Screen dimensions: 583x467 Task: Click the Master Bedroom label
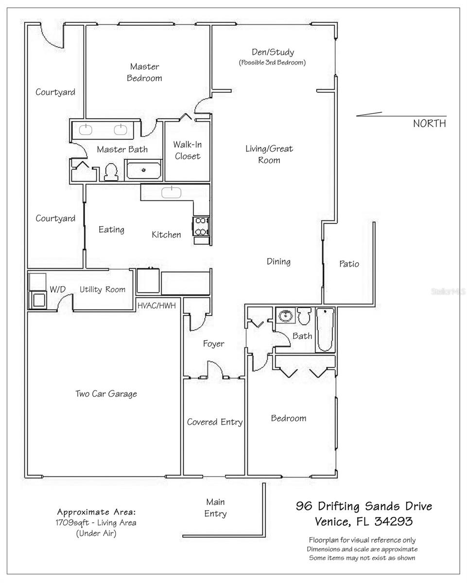click(x=144, y=72)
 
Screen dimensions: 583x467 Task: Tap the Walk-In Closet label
click(x=188, y=150)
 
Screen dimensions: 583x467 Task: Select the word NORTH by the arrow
click(x=429, y=123)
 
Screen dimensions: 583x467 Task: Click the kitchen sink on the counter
click(x=171, y=191)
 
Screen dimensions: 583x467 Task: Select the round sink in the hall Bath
click(x=285, y=316)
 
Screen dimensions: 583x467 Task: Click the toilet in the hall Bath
click(x=304, y=316)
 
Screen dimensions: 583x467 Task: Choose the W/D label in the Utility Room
click(x=57, y=290)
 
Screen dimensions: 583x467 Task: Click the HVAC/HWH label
click(x=156, y=306)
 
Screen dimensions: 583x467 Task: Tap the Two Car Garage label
click(x=106, y=394)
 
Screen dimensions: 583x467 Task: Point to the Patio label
click(x=349, y=264)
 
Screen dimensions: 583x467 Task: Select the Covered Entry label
click(x=214, y=422)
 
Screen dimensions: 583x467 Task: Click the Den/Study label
click(x=272, y=52)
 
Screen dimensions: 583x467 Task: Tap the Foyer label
click(x=213, y=344)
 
